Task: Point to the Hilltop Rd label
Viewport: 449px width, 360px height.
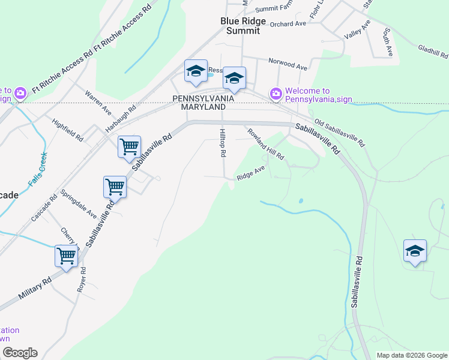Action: pyautogui.click(x=222, y=143)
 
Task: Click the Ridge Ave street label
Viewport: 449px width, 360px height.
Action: pyautogui.click(x=251, y=173)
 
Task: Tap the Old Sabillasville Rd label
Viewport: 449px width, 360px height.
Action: pyautogui.click(x=340, y=132)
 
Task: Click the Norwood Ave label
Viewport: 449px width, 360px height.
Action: pyautogui.click(x=288, y=62)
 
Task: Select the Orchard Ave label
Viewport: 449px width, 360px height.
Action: pyautogui.click(x=288, y=24)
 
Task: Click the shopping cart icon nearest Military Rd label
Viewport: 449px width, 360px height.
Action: pyautogui.click(x=67, y=255)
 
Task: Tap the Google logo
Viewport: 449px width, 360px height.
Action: pyautogui.click(x=20, y=353)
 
